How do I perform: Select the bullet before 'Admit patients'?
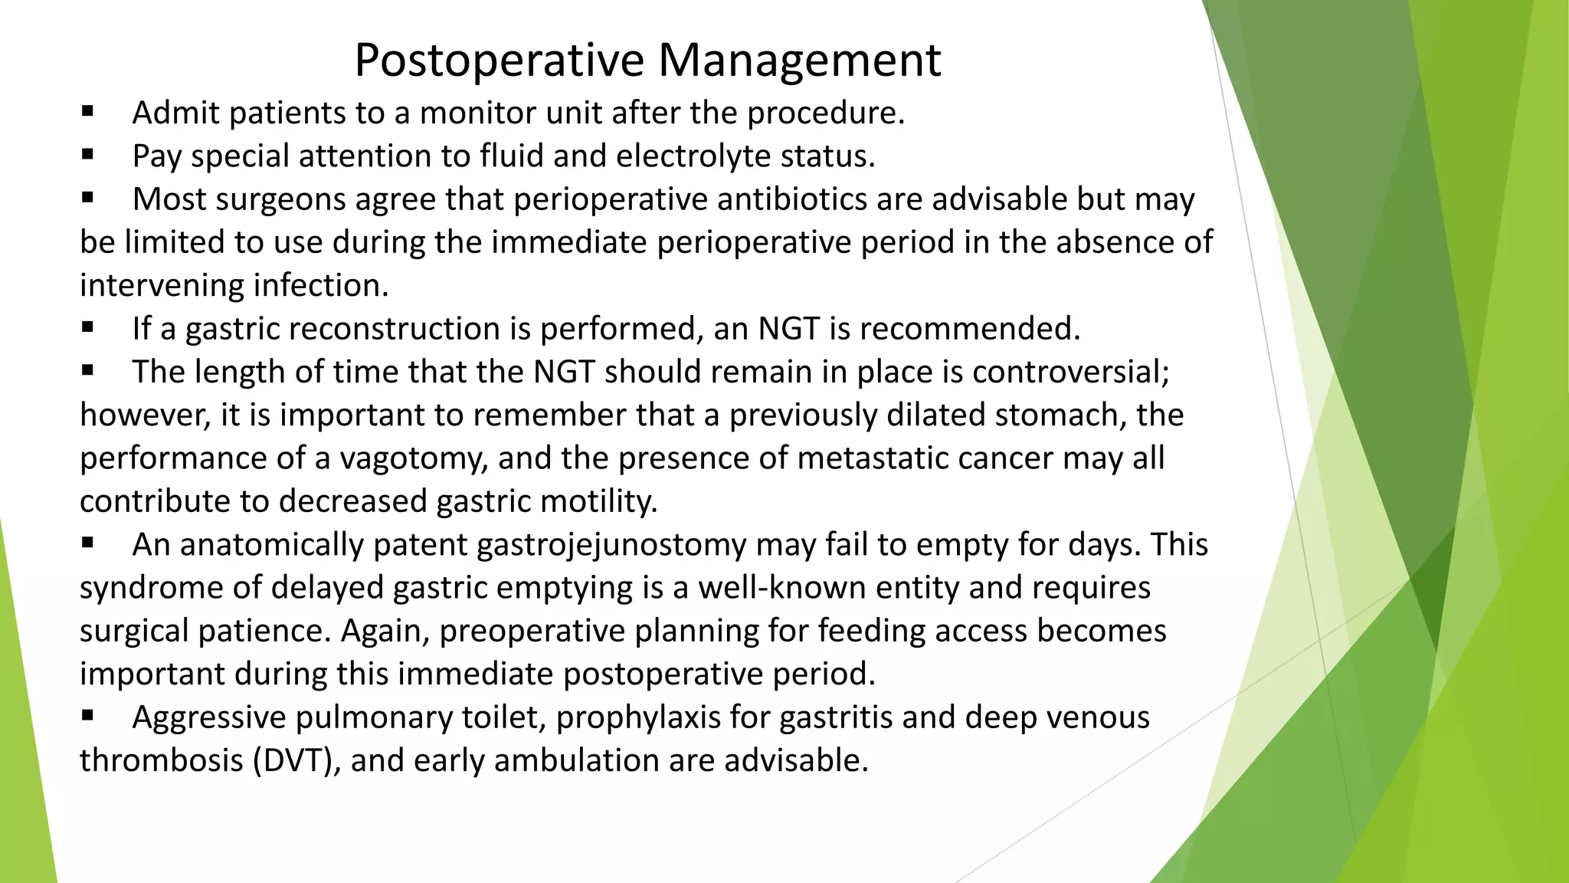87,112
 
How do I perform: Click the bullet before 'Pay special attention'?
87,155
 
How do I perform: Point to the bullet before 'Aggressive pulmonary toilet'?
87,717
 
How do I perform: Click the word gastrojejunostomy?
611,545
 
